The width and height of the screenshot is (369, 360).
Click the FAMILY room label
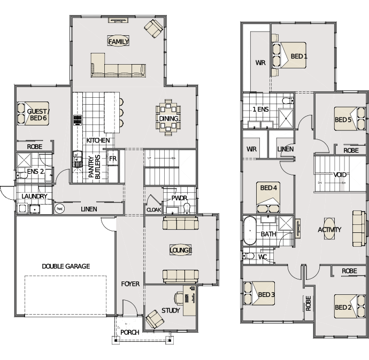[x=118, y=42]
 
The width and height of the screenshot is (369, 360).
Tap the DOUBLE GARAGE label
[x=66, y=266]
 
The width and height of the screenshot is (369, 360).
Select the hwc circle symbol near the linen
[x=59, y=209]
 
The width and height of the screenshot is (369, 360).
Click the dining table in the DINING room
[x=168, y=118]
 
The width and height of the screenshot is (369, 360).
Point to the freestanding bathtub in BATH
[x=250, y=231]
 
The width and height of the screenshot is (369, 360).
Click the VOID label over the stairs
[x=340, y=175]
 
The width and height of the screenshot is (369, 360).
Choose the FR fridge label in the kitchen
[x=113, y=159]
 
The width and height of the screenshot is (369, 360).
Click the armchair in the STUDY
[x=155, y=319]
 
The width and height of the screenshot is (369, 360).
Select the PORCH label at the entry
[x=129, y=332]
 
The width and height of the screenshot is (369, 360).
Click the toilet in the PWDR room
[x=187, y=209]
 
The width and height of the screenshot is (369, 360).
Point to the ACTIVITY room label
[x=329, y=230]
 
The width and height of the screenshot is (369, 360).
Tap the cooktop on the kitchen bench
[x=78, y=120]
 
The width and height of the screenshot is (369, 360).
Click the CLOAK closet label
[x=153, y=209]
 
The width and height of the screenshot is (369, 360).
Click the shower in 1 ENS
[x=286, y=118]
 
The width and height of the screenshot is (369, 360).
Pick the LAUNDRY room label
[x=34, y=196]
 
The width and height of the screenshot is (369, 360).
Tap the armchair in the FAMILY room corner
[x=153, y=28]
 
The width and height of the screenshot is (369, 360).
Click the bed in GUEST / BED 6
[x=33, y=113]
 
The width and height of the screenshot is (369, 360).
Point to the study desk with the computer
[x=189, y=301]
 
